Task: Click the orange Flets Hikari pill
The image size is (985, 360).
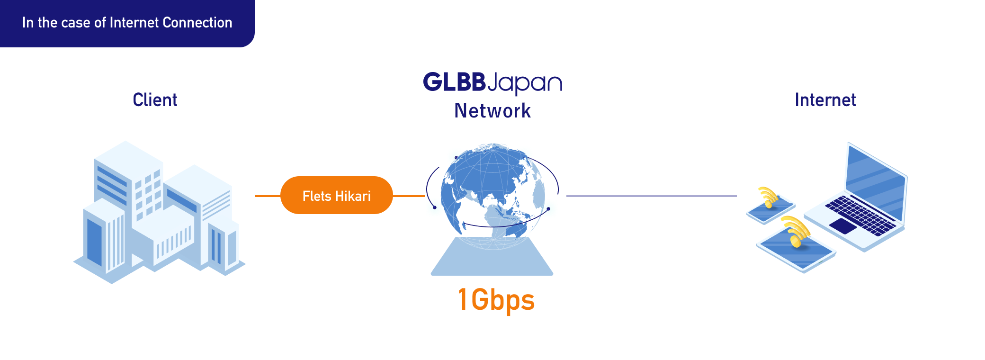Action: coord(336,195)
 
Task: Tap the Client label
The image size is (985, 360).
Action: coord(155,100)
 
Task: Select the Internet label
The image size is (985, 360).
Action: coord(825,100)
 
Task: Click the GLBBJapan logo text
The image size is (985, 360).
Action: coord(492,83)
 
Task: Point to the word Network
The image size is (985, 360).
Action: coord(492,111)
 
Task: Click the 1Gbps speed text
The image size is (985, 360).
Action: coord(496,300)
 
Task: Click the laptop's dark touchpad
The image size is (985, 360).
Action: coord(843,225)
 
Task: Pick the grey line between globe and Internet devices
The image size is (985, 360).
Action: coord(651,196)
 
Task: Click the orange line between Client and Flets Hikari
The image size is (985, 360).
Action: coord(268,196)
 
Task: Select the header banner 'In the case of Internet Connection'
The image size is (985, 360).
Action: coord(127,23)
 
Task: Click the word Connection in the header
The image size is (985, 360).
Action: coord(197,23)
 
